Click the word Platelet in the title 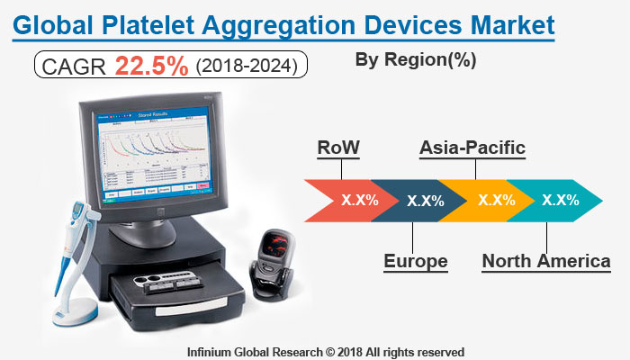pos(156,22)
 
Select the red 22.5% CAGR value pos(152,66)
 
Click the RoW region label pos(338,148)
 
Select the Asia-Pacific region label pos(472,148)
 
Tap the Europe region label pos(415,262)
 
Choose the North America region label pos(545,262)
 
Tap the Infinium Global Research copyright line pos(325,350)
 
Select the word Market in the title pos(508,22)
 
